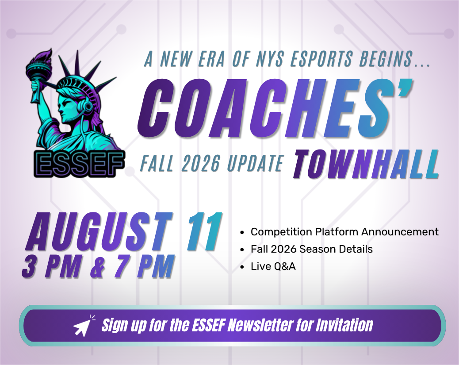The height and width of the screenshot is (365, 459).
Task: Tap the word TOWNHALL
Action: click(366, 164)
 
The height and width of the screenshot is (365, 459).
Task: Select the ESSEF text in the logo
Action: click(79, 164)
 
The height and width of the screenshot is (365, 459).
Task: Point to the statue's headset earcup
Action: click(87, 106)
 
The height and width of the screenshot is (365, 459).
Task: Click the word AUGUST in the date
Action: click(99, 232)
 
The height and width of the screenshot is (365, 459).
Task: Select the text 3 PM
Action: click(51, 267)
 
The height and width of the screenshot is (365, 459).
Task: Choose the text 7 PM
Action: click(143, 267)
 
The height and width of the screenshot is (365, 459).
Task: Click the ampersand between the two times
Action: click(97, 267)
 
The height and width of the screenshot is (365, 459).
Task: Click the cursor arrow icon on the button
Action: click(84, 325)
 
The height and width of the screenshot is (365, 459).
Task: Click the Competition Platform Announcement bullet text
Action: click(344, 232)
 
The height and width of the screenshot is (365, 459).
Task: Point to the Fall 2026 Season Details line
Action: click(312, 249)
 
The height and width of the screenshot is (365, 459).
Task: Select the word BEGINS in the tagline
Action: click(386, 59)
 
